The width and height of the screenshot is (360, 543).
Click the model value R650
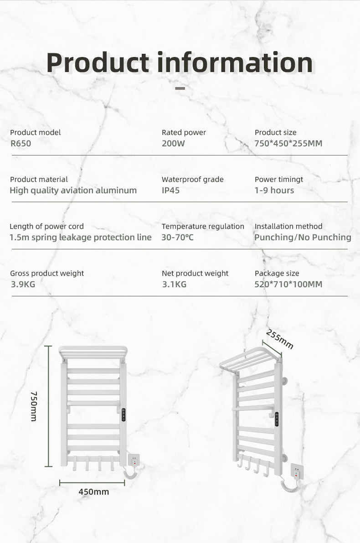[21, 144]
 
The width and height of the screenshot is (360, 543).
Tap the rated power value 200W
[173, 144]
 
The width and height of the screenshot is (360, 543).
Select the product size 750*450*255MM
[288, 144]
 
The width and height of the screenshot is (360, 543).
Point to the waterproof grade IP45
[171, 191]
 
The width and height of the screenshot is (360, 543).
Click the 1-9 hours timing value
[274, 191]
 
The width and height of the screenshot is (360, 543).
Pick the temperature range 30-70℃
[177, 238]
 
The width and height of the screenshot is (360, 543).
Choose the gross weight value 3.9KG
[23, 284]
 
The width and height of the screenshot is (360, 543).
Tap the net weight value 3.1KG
[174, 284]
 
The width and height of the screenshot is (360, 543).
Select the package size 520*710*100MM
[288, 284]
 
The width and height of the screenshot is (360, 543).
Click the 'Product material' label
[39, 180]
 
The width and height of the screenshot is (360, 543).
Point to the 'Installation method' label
[288, 227]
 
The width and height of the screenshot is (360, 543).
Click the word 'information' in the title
[235, 62]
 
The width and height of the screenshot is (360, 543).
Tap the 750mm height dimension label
[33, 406]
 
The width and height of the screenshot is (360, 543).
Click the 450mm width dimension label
[94, 492]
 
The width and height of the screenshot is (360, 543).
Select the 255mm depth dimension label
[279, 339]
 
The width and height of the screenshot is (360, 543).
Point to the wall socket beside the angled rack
[297, 472]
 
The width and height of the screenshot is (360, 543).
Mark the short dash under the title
[180, 88]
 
